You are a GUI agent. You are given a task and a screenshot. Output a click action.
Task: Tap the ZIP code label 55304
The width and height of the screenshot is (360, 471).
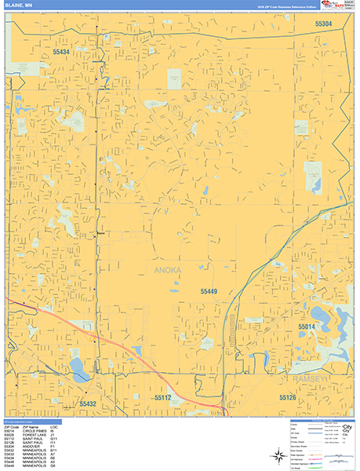tap(324, 24)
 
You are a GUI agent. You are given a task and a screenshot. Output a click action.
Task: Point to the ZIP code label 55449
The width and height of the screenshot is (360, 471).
tap(203, 290)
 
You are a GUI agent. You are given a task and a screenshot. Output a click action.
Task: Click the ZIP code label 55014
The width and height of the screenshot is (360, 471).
tap(307, 326)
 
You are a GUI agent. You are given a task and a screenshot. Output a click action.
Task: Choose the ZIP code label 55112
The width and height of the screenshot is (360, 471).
tap(162, 397)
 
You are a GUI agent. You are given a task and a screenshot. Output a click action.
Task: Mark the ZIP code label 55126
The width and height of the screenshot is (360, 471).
tap(288, 398)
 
